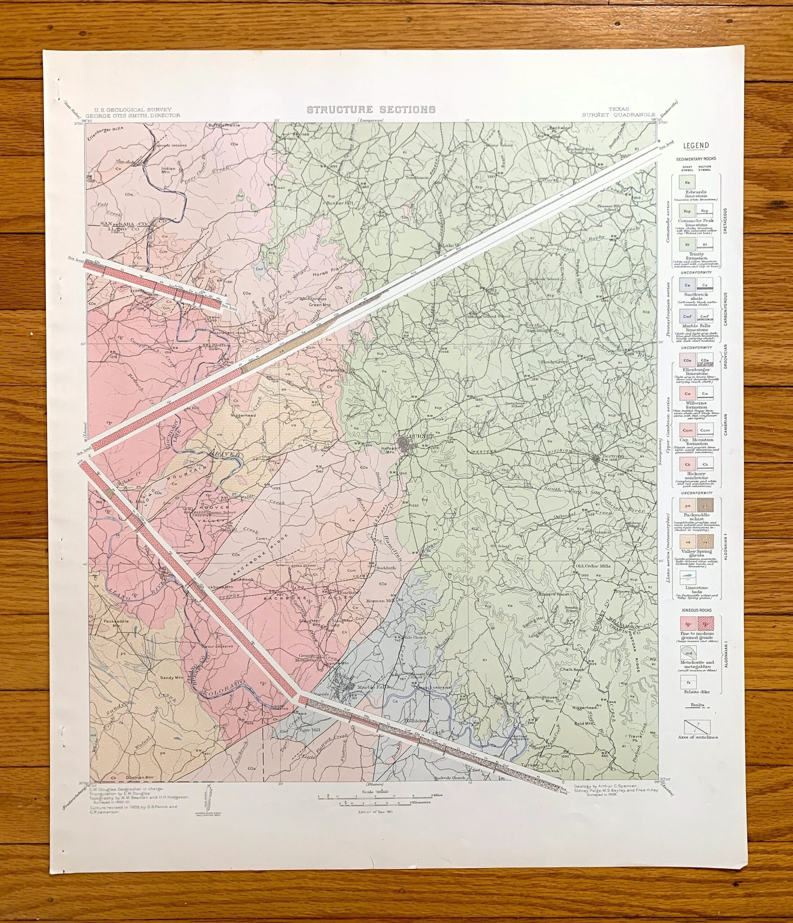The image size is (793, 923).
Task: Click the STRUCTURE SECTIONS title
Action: [371, 110]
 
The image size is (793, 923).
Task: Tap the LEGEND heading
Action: [696, 145]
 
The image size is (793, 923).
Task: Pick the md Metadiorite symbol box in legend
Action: [688, 652]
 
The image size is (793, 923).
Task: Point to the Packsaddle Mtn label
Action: [115, 623]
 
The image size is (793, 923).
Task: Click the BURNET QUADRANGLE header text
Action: [618, 115]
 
